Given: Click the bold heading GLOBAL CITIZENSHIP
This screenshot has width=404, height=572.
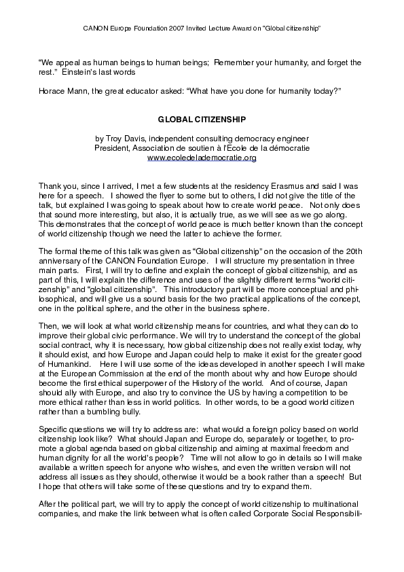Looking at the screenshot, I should pyautogui.click(x=202, y=118).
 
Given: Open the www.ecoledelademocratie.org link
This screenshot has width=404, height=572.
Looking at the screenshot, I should pyautogui.click(x=202, y=158).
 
